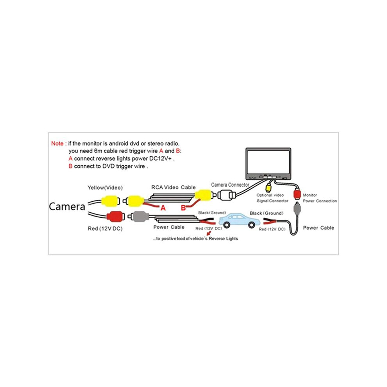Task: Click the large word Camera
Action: click(x=67, y=206)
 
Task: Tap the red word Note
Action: click(x=57, y=143)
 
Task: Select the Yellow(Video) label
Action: click(x=105, y=188)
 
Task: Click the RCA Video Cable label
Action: click(x=173, y=187)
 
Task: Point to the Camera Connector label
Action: click(x=230, y=185)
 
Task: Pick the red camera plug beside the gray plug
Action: click(x=115, y=217)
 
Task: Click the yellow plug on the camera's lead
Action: click(x=110, y=201)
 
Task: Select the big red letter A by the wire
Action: click(x=163, y=208)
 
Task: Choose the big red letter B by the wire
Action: click(x=183, y=208)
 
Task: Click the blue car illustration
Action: click(x=239, y=220)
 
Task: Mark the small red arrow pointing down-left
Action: click(x=209, y=233)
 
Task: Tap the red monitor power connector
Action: click(x=297, y=193)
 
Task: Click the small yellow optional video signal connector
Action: click(x=268, y=188)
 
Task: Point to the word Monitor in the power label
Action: click(x=310, y=195)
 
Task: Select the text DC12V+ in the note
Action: click(x=160, y=158)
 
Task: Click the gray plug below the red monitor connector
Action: click(x=297, y=208)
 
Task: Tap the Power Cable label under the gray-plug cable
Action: click(x=169, y=227)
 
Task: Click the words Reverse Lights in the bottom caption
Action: click(x=223, y=238)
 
